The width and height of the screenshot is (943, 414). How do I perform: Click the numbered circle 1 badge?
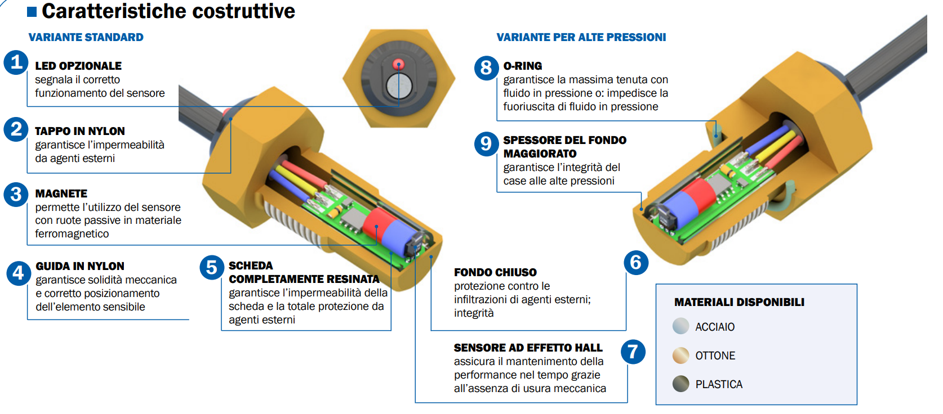(x=16, y=62)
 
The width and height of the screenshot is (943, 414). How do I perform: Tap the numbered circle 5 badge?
(x=212, y=267)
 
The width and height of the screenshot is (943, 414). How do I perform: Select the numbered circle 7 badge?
(x=633, y=352)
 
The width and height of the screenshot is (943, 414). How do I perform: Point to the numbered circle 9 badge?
(x=486, y=144)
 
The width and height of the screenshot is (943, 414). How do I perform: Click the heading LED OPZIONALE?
(x=78, y=66)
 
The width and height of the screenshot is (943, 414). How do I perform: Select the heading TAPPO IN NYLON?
(x=80, y=131)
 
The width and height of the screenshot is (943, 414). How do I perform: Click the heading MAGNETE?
(x=61, y=193)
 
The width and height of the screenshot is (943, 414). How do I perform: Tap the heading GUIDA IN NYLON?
(x=80, y=266)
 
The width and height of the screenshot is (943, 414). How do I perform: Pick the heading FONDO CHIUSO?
(x=495, y=272)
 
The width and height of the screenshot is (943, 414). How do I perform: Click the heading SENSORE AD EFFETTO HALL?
(x=528, y=348)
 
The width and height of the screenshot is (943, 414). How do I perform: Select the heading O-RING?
(x=523, y=66)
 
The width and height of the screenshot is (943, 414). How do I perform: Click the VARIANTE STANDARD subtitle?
(x=86, y=37)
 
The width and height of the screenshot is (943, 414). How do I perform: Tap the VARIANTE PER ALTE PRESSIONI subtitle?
(x=581, y=37)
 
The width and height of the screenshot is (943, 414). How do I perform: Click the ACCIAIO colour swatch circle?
(x=680, y=326)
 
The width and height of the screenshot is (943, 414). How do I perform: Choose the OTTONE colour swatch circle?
(x=680, y=355)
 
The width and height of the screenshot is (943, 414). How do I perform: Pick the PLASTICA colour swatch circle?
(x=680, y=384)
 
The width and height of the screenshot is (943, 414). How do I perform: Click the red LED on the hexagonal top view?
(x=398, y=64)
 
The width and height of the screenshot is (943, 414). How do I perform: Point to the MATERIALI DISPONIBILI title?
(x=739, y=302)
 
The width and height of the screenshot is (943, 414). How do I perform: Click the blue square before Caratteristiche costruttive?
(x=32, y=11)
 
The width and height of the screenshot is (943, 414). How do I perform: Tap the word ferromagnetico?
(x=72, y=233)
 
